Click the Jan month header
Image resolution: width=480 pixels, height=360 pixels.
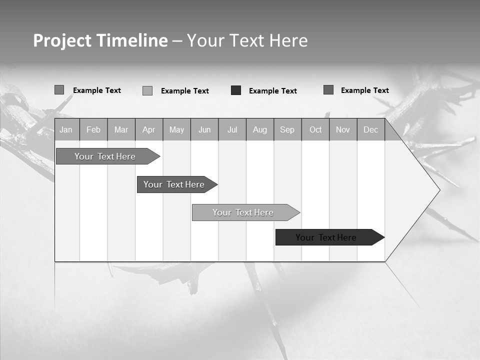pos(66,130)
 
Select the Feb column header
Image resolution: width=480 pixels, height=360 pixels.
pos(93,130)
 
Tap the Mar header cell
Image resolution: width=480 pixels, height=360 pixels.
pos(121,130)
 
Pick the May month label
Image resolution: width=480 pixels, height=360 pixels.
pos(176,130)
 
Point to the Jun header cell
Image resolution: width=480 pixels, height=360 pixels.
pos(204,130)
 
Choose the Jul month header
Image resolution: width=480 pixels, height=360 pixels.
pos(232,130)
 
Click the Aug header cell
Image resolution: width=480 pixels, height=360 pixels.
pos(260,130)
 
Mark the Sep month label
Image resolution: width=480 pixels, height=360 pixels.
pos(287,130)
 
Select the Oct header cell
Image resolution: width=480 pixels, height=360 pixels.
pos(315,130)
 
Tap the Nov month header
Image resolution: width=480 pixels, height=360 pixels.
pos(343,130)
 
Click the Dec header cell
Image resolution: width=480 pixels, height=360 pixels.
pos(371,130)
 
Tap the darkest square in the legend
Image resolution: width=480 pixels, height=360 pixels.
pos(236,90)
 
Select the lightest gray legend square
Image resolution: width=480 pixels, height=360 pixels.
pos(147,90)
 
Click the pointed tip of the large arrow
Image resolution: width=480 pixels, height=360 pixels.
pos(439,190)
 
